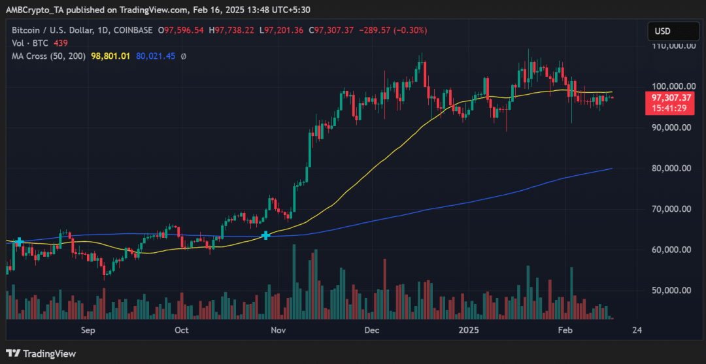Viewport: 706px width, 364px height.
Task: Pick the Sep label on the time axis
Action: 88,330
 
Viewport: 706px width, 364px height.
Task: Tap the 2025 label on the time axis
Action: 469,330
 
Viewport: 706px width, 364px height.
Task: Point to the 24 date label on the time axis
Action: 637,330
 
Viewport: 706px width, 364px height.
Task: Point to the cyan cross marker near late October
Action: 266,235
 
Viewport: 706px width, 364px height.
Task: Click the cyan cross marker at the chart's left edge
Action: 19,242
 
